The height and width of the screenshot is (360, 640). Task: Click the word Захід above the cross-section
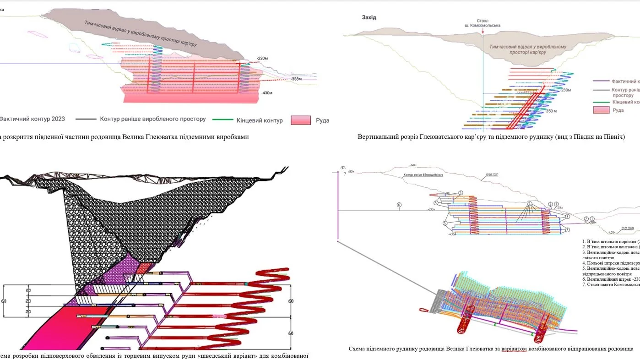(369, 17)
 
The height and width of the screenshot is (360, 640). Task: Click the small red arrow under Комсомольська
(483, 31)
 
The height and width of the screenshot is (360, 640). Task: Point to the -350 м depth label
(551, 111)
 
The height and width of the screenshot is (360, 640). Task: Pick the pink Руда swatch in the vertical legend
(601, 110)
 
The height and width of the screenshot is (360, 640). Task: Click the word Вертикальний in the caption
(375, 137)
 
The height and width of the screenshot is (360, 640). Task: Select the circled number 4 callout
(529, 203)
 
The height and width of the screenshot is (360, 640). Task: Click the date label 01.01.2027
(493, 175)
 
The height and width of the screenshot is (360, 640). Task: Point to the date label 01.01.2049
(628, 228)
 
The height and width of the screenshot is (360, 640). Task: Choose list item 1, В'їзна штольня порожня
(609, 241)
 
